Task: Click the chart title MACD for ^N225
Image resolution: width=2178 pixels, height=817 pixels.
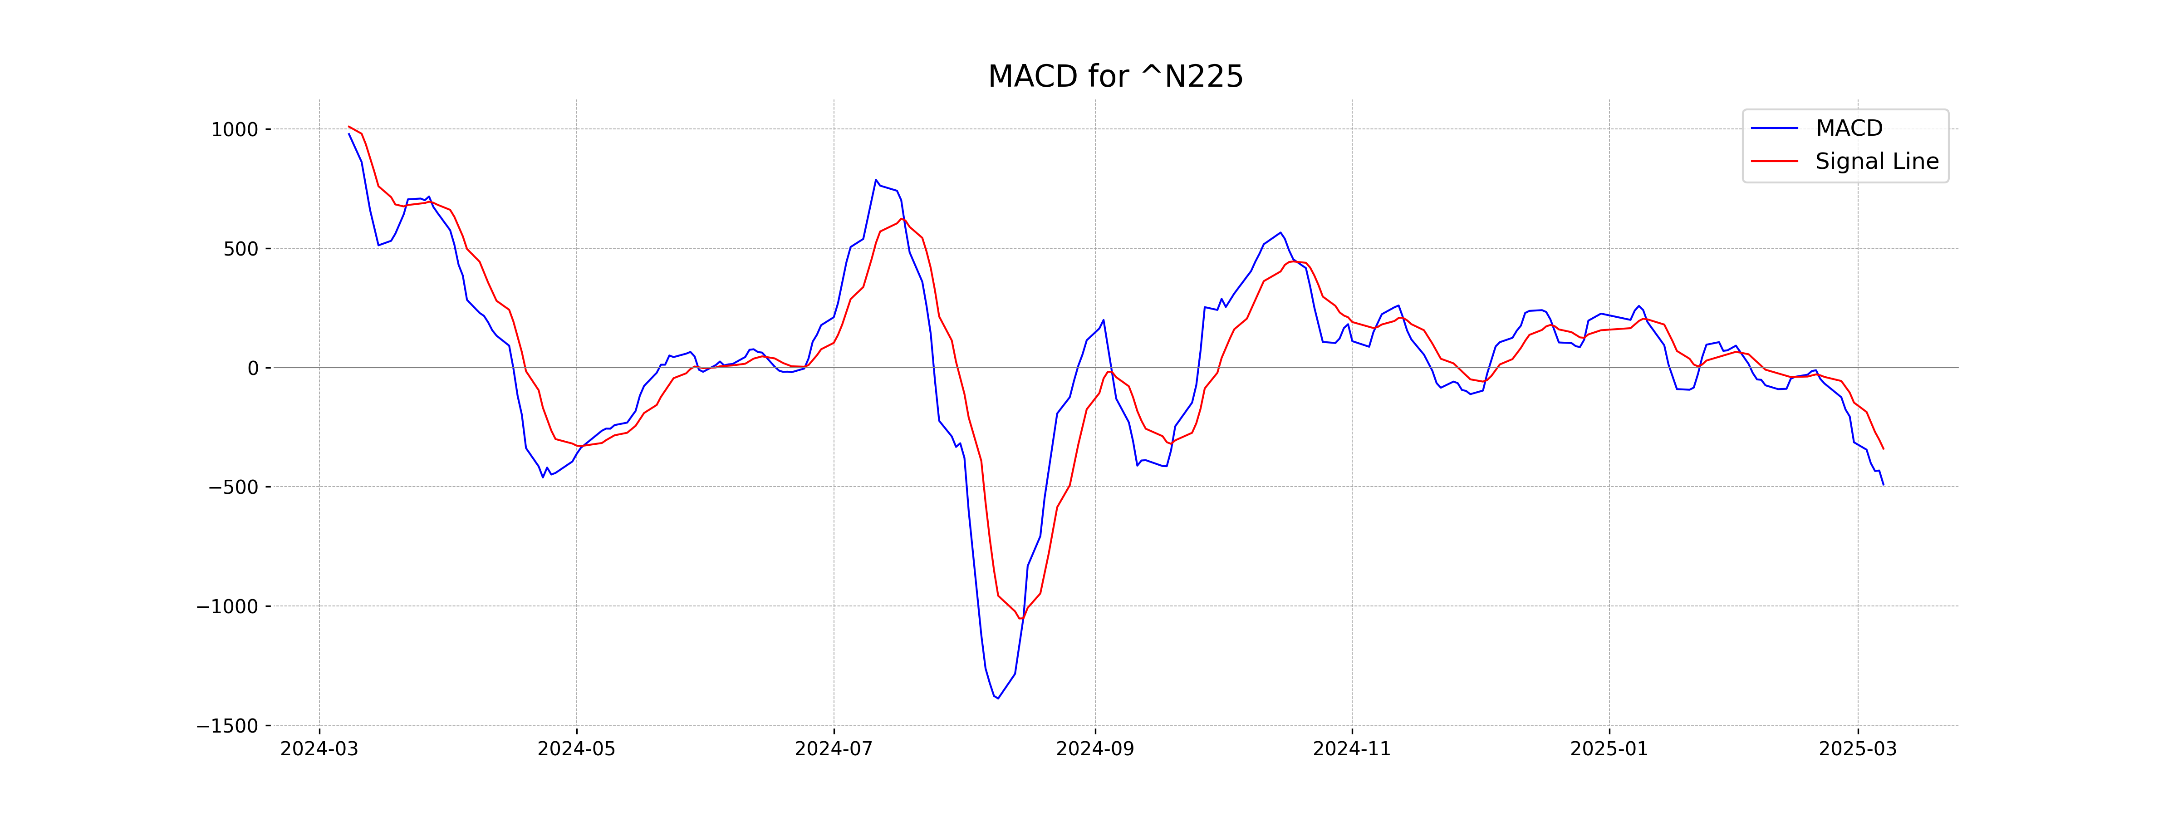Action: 1115,77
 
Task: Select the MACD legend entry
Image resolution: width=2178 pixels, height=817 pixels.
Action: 1848,128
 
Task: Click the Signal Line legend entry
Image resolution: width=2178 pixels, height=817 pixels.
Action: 1876,162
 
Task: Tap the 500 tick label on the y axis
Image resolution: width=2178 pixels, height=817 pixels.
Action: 241,249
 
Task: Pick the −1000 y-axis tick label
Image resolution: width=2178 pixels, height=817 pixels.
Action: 226,606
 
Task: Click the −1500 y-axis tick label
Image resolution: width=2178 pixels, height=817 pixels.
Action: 226,726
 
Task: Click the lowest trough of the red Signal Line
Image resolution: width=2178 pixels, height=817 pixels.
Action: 1020,618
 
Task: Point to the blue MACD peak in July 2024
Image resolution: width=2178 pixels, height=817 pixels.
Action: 876,180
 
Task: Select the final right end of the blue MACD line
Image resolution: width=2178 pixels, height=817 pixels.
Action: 1883,485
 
